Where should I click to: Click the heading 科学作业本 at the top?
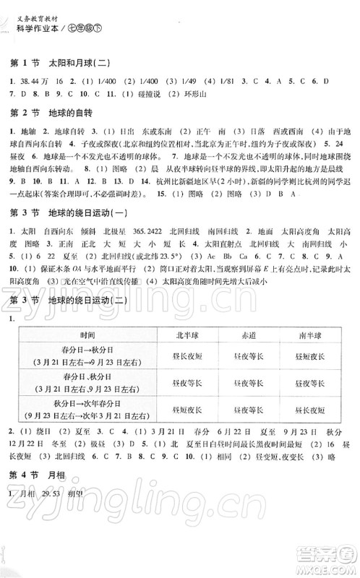click(x=35, y=29)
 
